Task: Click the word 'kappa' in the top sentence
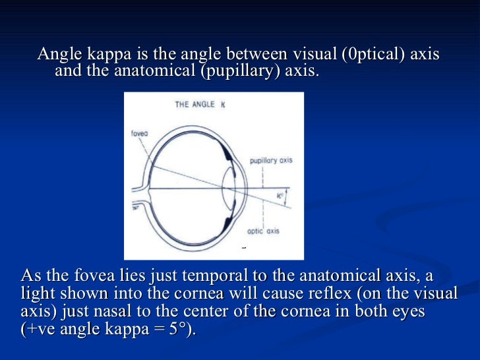pyautogui.click(x=107, y=53)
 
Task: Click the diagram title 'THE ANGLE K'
pyautogui.click(x=200, y=104)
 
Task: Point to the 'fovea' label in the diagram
pyautogui.click(x=140, y=133)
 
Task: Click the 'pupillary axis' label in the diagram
pyautogui.click(x=271, y=160)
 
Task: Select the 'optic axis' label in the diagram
pyautogui.click(x=263, y=231)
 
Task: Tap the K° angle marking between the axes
pyautogui.click(x=280, y=195)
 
